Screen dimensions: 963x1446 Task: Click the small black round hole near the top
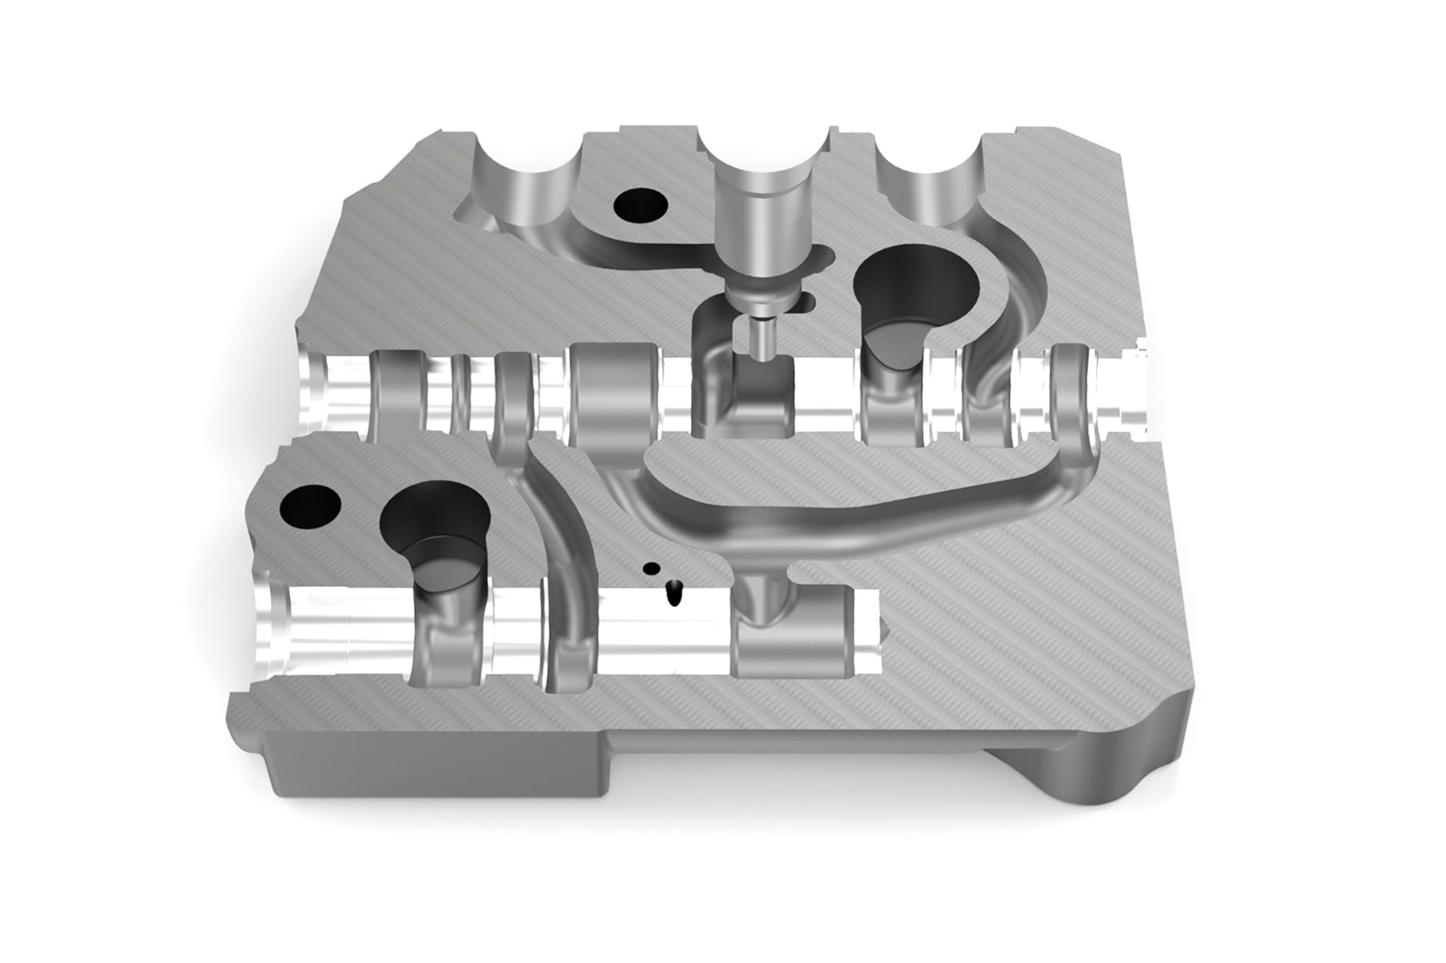click(640, 206)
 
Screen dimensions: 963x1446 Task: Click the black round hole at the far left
click(311, 507)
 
